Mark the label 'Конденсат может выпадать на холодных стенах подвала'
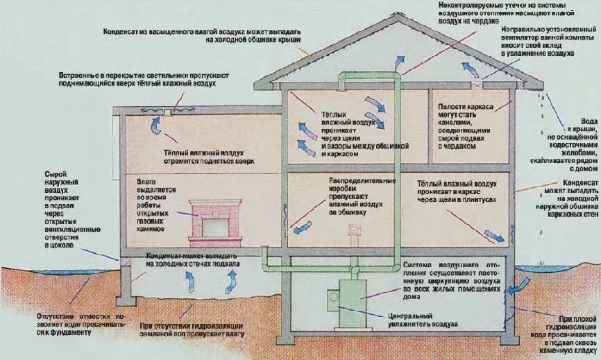(194, 260)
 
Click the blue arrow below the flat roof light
(156, 124)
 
